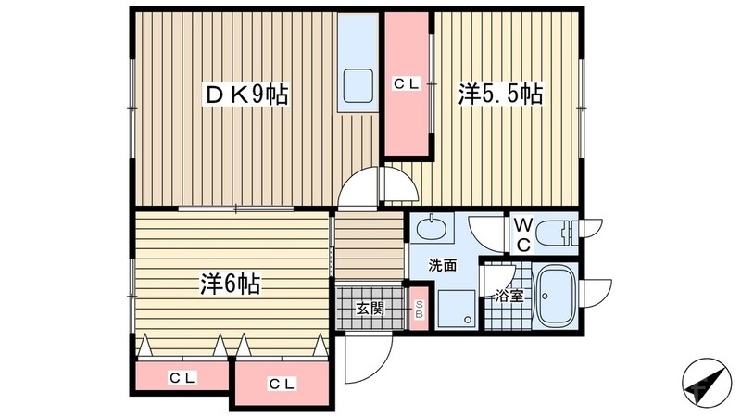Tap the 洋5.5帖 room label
pyautogui.click(x=499, y=94)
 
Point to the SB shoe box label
pyautogui.click(x=419, y=310)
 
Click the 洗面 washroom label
pyautogui.click(x=442, y=265)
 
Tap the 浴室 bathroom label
pyautogui.click(x=509, y=297)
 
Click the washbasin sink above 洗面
pyautogui.click(x=431, y=229)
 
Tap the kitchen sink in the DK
pyautogui.click(x=358, y=85)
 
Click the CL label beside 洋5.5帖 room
pyautogui.click(x=407, y=84)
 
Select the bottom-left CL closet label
pyautogui.click(x=181, y=377)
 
